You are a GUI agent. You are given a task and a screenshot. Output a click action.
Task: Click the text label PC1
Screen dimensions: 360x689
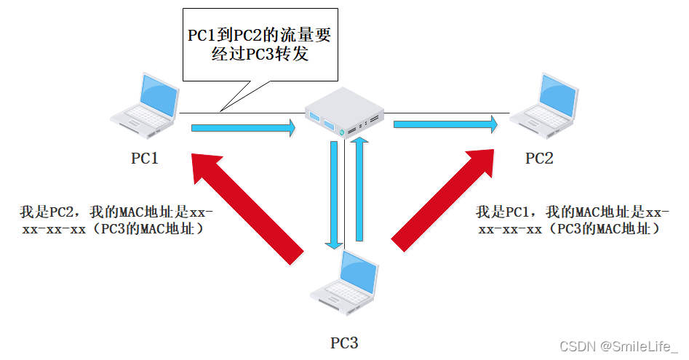coord(145,158)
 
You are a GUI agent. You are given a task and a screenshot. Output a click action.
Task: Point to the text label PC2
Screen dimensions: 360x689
coord(539,158)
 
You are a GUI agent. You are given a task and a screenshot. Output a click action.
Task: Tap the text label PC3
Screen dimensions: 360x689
coord(344,343)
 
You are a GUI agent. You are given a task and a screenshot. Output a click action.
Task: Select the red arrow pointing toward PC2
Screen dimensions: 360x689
coord(444,196)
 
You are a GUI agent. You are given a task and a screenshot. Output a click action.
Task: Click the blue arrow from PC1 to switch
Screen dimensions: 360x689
coord(244,129)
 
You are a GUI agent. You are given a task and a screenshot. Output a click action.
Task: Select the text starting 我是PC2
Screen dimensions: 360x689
coord(116,220)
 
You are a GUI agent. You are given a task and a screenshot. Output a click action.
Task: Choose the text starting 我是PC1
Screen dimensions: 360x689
coord(571,220)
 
